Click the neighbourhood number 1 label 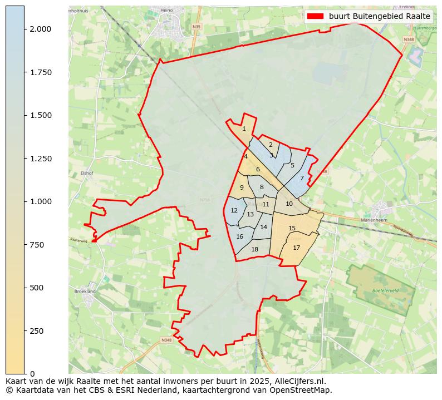pyautogui.click(x=244, y=129)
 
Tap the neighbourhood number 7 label pyautogui.click(x=302, y=179)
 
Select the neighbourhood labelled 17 pyautogui.click(x=296, y=248)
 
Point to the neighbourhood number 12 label pyautogui.click(x=234, y=211)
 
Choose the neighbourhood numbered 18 pyautogui.click(x=254, y=250)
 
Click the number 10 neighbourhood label pyautogui.click(x=289, y=204)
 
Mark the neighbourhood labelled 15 pyautogui.click(x=292, y=229)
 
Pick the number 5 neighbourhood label pyautogui.click(x=292, y=166)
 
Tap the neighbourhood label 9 pyautogui.click(x=242, y=188)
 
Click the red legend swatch pyautogui.click(x=315, y=17)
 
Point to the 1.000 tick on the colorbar pyautogui.click(x=41, y=201)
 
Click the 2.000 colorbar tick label pyautogui.click(x=41, y=29)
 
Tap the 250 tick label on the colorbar pyautogui.click(x=37, y=331)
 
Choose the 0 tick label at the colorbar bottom pyautogui.click(x=32, y=374)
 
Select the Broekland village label pyautogui.click(x=84, y=291)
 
